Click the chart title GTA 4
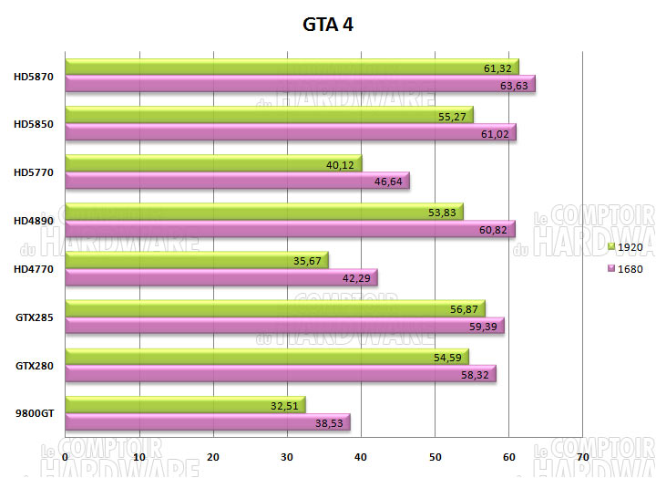click(328, 25)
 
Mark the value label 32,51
click(285, 404)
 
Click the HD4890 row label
click(35, 220)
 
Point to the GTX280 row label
click(35, 365)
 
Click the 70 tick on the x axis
click(583, 456)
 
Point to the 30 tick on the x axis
click(288, 456)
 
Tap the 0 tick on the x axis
click(66, 456)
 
